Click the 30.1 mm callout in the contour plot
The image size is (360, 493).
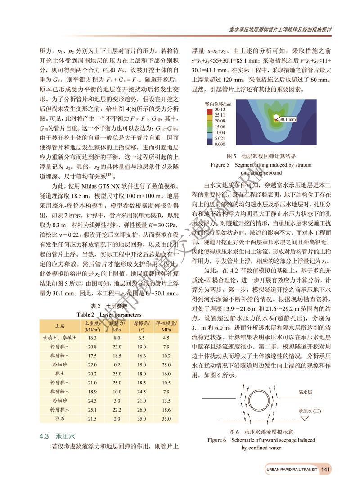point(287,120)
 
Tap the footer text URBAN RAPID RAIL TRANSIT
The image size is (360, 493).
point(291,470)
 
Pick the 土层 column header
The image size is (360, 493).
point(59,325)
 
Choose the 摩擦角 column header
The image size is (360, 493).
point(141,325)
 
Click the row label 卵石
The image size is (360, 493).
point(59,419)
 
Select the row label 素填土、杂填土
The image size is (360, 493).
point(59,337)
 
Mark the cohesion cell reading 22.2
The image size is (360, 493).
point(117,409)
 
